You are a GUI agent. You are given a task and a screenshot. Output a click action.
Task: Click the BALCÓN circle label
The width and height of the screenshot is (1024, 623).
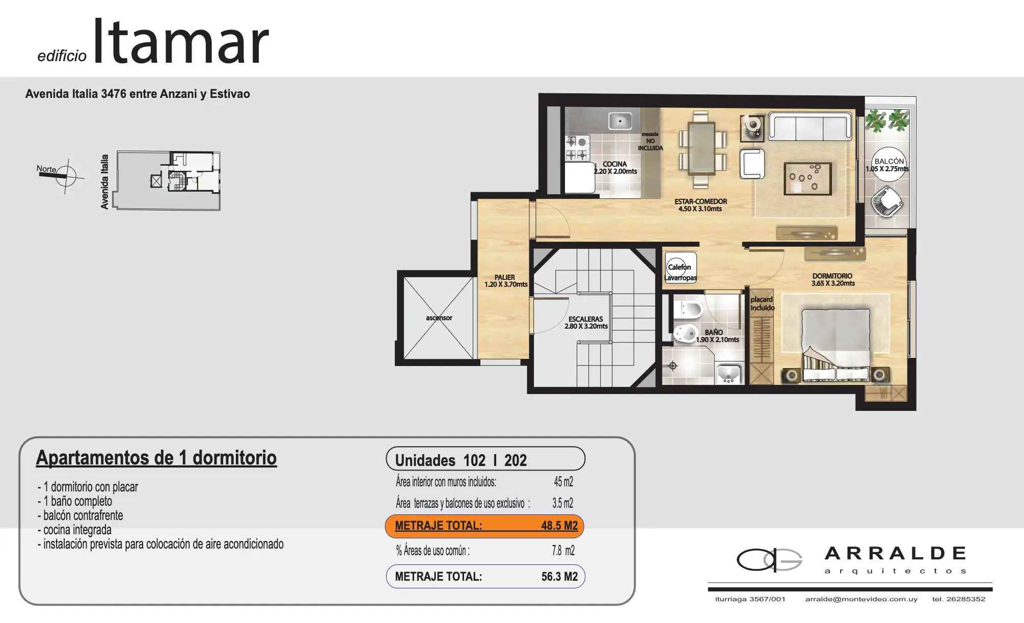[889, 164]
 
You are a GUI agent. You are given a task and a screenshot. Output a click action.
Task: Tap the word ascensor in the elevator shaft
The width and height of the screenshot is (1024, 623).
[439, 318]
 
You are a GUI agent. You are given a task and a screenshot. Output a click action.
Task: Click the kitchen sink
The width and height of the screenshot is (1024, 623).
[620, 121]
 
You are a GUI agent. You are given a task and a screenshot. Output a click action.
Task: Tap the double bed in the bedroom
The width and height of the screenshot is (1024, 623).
[836, 344]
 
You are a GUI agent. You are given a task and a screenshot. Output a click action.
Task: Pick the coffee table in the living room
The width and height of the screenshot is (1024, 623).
[807, 178]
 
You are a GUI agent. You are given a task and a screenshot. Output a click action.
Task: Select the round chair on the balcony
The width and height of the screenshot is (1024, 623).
[887, 202]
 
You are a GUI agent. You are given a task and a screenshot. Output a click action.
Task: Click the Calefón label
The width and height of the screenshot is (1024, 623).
[680, 267]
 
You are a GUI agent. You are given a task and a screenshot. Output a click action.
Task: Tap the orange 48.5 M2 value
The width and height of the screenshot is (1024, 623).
[559, 526]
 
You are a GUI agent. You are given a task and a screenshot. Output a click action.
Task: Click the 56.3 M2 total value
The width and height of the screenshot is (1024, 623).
[559, 577]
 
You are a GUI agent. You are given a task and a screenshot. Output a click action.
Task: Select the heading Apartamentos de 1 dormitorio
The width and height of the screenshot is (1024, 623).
[156, 458]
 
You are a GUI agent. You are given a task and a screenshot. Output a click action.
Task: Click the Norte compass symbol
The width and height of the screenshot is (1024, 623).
[66, 176]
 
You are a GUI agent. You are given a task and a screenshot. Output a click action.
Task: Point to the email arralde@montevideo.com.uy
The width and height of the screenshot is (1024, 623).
[861, 599]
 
